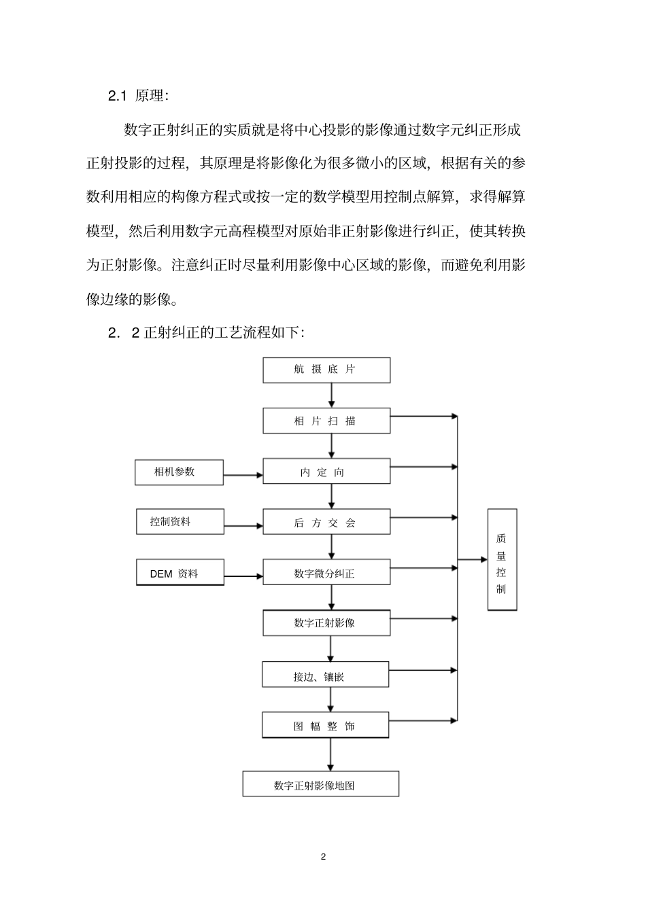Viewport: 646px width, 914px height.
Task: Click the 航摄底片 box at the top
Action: pos(326,370)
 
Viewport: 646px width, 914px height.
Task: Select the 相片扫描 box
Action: pos(326,421)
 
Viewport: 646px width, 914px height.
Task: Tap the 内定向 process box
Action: pos(326,472)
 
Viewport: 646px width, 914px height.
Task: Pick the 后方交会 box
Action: pos(326,523)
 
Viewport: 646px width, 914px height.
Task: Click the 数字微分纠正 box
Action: pos(326,573)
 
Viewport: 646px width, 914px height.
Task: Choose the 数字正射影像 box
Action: pos(326,622)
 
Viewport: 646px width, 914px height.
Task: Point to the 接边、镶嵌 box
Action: pos(325,676)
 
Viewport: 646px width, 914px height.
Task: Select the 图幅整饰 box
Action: pos(325,725)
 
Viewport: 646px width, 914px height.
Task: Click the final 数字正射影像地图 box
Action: pos(320,784)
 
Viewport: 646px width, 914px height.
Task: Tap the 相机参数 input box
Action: pos(179,472)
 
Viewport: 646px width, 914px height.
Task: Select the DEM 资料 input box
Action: pos(180,573)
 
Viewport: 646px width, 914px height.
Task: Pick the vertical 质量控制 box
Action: pos(502,560)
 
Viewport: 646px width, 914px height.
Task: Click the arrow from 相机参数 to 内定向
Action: pos(243,476)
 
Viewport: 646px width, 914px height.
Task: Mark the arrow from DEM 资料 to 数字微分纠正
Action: pos(243,577)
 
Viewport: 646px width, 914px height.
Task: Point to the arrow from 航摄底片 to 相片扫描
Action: pos(332,395)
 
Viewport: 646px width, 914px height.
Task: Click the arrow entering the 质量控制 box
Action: pos(473,560)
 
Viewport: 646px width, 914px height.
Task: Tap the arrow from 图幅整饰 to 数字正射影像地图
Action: pos(331,754)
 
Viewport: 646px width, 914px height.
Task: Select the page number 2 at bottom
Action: pos(323,856)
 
